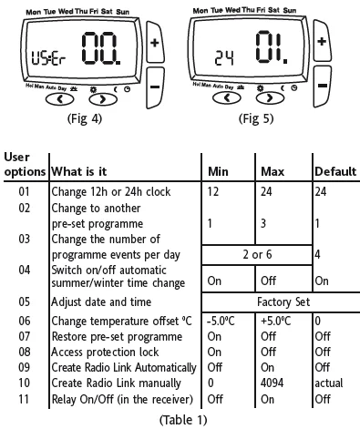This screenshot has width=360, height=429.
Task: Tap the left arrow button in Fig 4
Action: (59, 99)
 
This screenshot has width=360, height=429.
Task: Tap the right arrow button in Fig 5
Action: (270, 97)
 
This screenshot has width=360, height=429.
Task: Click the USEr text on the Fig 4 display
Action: (49, 58)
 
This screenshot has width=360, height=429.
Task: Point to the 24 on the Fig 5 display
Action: (224, 58)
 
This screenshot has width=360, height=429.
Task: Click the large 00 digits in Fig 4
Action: (101, 48)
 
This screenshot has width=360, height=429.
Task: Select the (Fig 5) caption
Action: (256, 118)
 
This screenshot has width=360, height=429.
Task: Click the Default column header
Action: (335, 171)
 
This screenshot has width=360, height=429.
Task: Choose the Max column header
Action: (273, 172)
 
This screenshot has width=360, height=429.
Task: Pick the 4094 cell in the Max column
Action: (272, 383)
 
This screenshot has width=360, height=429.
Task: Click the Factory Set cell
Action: (283, 302)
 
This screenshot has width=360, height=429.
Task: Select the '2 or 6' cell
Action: (257, 254)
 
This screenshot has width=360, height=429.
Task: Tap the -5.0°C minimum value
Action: (221, 321)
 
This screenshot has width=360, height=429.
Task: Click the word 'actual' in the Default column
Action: (329, 383)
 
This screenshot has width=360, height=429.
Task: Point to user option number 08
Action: (25, 352)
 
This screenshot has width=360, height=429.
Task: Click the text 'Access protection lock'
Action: (105, 352)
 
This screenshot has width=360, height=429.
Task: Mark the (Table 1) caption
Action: (183, 420)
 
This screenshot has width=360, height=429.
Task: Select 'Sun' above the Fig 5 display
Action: (290, 10)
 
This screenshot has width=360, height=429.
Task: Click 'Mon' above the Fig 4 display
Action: (34, 13)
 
